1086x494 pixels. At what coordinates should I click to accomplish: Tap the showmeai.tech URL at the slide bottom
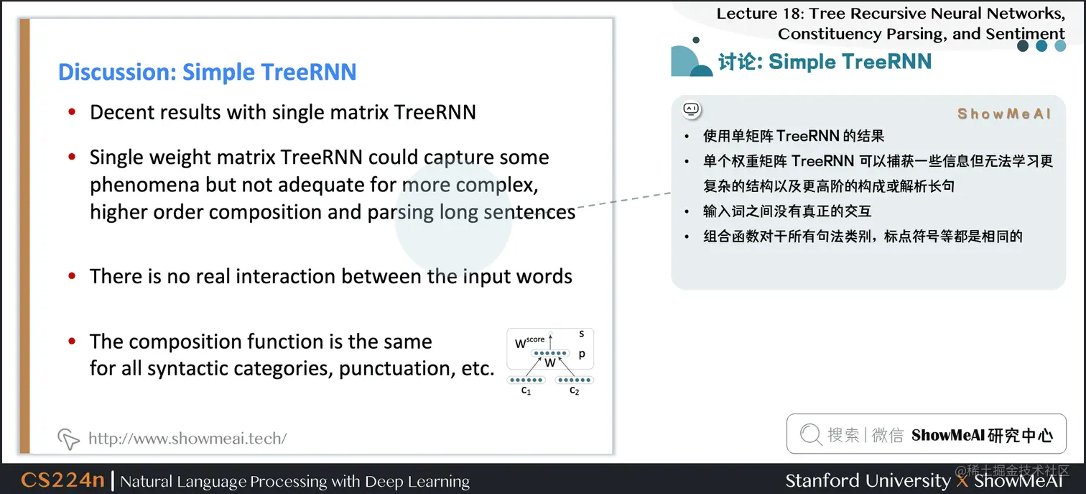click(x=187, y=438)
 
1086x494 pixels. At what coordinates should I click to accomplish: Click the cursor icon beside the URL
click(x=68, y=439)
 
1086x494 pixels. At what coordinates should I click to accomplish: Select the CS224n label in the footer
click(x=63, y=480)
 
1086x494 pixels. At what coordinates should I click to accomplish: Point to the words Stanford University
click(x=868, y=480)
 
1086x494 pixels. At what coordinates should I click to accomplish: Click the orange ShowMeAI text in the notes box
click(x=1004, y=114)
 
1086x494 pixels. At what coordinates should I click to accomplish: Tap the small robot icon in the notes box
click(x=692, y=110)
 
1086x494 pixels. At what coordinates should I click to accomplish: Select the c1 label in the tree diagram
click(x=526, y=390)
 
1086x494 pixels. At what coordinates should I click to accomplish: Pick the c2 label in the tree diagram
click(x=575, y=390)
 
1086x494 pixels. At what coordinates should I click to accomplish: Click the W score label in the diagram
click(x=530, y=342)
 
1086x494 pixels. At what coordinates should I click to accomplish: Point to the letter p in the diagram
click(x=582, y=355)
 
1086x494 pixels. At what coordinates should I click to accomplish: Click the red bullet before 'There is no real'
click(x=72, y=277)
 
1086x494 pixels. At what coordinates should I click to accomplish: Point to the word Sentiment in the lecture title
click(x=1024, y=34)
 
